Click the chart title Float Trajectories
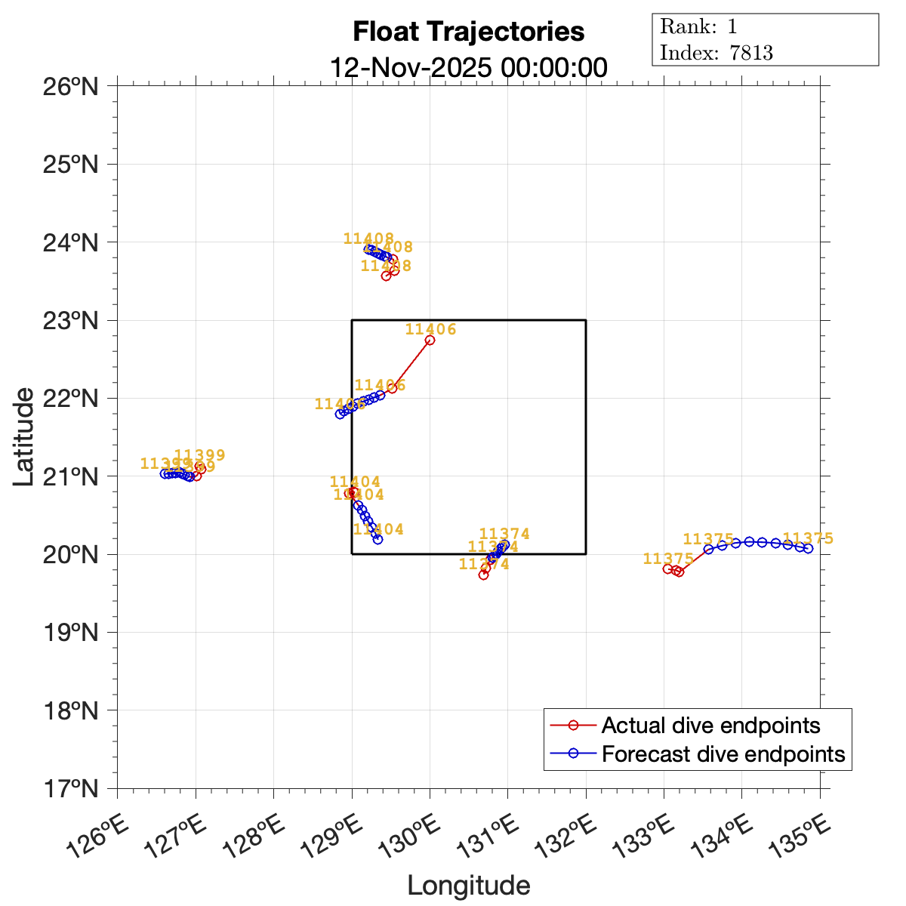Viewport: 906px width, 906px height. pos(468,32)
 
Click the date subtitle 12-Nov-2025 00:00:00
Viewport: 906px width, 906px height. pos(468,67)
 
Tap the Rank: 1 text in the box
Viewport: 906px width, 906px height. pos(698,26)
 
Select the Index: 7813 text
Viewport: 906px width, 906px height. pos(716,52)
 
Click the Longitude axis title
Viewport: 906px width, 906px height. pos(468,885)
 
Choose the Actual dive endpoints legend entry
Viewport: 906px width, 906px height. pos(710,726)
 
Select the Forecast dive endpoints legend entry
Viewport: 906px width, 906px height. pos(723,753)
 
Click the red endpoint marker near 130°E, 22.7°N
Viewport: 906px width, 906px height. pos(430,340)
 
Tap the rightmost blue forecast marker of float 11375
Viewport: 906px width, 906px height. pos(808,548)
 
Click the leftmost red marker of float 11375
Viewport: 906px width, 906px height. pos(667,569)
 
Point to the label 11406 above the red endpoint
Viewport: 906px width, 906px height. pos(430,329)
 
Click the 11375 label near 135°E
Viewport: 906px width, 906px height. pos(808,538)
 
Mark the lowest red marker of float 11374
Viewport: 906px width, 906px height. pos(483,575)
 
